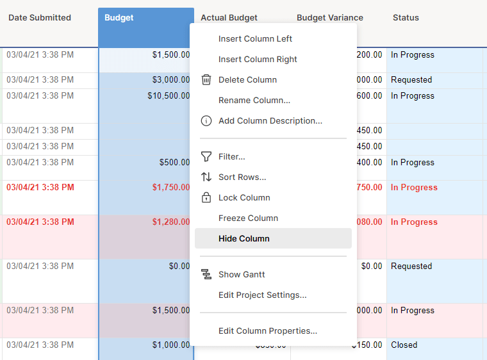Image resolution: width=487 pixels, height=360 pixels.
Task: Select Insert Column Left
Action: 255,38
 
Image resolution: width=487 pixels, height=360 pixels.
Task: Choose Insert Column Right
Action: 258,59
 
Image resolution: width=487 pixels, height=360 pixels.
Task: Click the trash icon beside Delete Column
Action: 206,79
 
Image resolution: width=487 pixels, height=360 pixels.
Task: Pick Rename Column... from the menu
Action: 254,100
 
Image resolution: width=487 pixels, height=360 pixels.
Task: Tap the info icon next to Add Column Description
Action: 206,120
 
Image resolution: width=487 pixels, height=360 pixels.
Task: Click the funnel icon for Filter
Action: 206,156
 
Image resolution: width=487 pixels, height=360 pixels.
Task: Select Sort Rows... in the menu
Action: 242,177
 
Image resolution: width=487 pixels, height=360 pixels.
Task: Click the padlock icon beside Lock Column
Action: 206,197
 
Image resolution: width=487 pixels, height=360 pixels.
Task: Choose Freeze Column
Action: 248,218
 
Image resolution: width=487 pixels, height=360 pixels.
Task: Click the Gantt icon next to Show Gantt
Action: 206,274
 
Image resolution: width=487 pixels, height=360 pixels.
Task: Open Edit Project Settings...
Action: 262,295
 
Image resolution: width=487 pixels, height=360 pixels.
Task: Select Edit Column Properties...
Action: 267,331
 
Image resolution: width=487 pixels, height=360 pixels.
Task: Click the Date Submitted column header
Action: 40,18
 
